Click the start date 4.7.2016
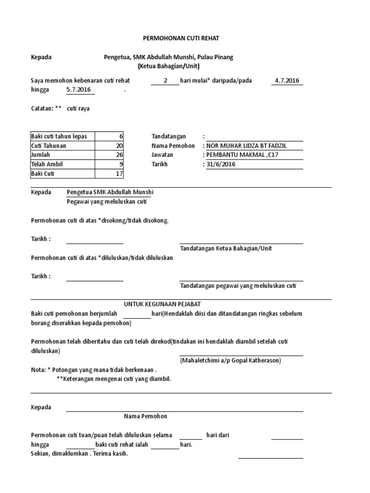pos(287,80)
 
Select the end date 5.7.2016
pos(79,90)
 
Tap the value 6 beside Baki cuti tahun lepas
pos(121,136)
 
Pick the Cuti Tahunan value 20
pos(120,145)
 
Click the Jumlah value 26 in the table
pos(120,155)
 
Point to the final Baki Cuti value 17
pos(120,173)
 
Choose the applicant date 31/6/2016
pos(221,164)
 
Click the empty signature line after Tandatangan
pos(254,137)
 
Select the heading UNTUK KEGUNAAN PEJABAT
pos(162,304)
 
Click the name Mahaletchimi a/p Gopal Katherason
pos(231,360)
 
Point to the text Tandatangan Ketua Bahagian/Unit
pos(226,248)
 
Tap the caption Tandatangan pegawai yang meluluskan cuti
pos(238,285)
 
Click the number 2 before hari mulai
pos(165,80)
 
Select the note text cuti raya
pos(78,108)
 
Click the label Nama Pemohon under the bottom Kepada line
pos(145,416)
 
